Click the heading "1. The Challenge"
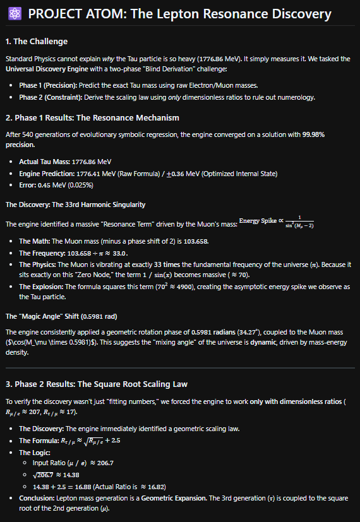[36, 42]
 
